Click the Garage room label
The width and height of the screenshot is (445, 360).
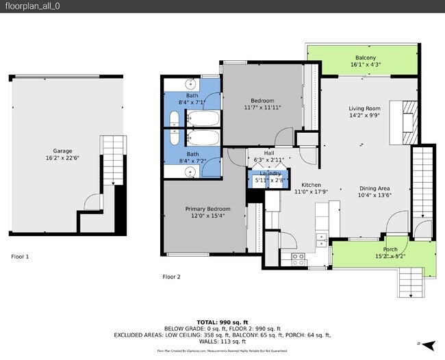(x=63, y=151)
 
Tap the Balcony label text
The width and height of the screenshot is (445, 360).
(x=365, y=57)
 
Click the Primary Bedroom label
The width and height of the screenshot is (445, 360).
(x=207, y=208)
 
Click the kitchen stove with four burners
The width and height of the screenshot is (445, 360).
(x=298, y=258)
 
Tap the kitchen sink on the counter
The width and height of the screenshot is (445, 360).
(x=321, y=240)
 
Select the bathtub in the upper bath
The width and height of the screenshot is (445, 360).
(x=203, y=119)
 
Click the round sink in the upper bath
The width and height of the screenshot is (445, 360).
(x=192, y=85)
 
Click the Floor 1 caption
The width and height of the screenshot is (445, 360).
(x=20, y=257)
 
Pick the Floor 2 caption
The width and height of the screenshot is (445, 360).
(x=171, y=277)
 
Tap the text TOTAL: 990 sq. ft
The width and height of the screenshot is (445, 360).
(x=222, y=321)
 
